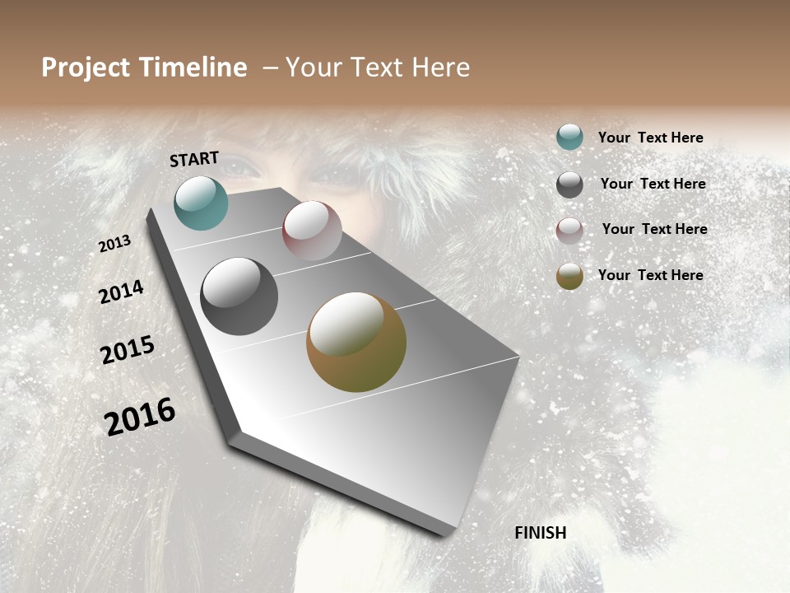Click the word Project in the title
[86, 68]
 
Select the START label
[194, 159]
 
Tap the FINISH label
[541, 533]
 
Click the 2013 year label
[115, 244]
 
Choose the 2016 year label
[140, 417]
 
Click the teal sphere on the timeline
[201, 203]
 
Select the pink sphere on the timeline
[312, 230]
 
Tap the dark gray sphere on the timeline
[239, 296]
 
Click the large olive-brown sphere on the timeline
[356, 342]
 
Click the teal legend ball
[569, 137]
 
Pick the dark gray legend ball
[569, 184]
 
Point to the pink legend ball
[569, 230]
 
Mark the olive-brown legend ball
[569, 276]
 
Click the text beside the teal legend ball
[650, 138]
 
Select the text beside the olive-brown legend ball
[650, 275]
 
